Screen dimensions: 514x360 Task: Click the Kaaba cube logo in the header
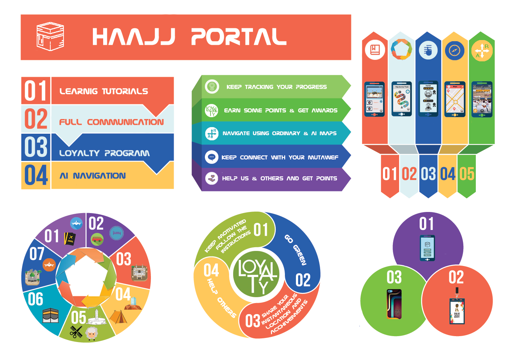50,37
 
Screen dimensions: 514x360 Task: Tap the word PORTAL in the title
238,37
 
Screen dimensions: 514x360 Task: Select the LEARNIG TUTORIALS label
104,91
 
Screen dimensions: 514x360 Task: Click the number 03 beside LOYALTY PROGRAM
36,147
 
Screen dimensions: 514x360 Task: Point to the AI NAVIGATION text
93,176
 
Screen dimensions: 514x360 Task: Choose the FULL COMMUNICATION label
111,122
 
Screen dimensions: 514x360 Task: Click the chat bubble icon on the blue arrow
211,157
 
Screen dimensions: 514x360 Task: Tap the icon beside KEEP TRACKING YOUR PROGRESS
211,87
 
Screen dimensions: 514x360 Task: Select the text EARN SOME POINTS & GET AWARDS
280,110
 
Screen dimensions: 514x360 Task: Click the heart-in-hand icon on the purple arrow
211,178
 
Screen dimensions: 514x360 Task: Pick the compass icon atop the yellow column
455,50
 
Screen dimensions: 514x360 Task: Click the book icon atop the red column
375,50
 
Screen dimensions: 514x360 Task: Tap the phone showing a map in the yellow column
455,99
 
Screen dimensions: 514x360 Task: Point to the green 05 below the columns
467,174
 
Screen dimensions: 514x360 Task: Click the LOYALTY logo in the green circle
257,275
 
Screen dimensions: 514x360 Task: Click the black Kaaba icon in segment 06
51,315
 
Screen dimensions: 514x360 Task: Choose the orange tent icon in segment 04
118,317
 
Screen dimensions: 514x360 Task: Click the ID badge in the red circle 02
457,310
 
